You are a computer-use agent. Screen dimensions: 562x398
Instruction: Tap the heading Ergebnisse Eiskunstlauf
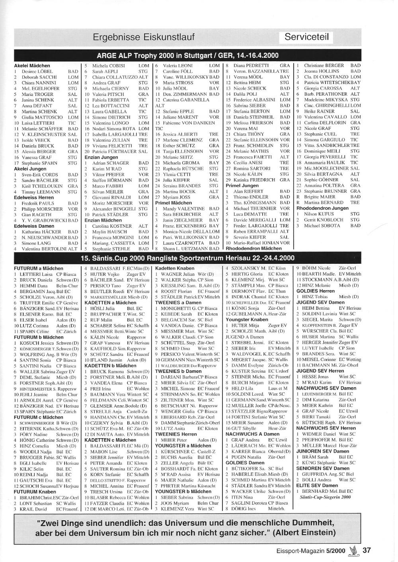coord(144,37)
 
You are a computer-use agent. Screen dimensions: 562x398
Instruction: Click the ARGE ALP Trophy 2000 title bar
coord(187,55)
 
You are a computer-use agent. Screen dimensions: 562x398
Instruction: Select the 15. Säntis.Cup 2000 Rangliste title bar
coord(187,258)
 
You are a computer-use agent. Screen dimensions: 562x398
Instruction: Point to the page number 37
coord(367,550)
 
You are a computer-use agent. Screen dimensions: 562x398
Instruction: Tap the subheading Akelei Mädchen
coord(32,65)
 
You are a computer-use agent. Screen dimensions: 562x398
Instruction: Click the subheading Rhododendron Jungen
coord(322,208)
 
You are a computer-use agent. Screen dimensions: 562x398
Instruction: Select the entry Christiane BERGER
coord(324,65)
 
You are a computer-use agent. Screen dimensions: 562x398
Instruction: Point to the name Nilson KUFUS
coord(319,214)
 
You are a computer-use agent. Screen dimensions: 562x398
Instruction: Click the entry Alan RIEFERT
coord(248,191)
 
